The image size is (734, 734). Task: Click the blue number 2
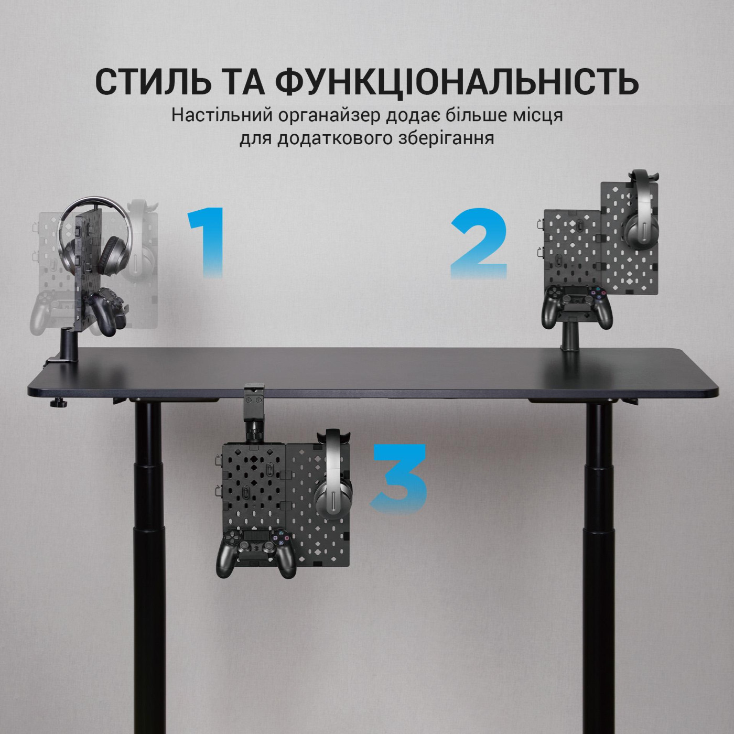click(x=479, y=243)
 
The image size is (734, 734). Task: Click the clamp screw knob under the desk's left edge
click(x=56, y=403)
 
